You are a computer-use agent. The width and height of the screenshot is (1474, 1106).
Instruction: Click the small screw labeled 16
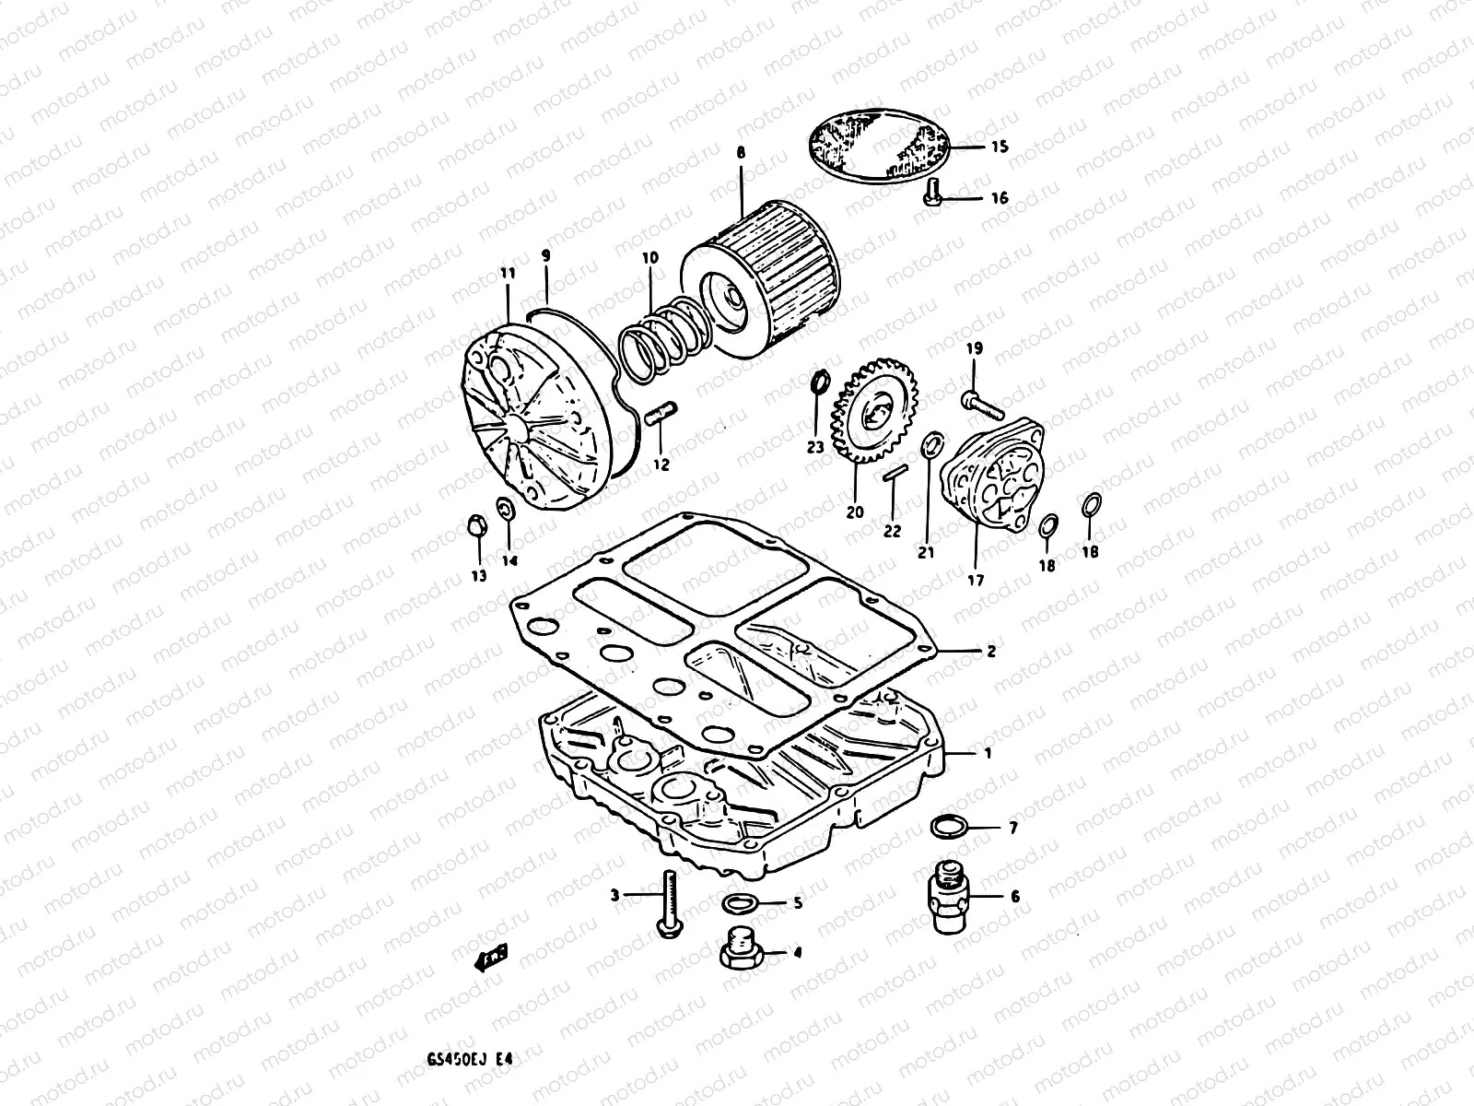pyautogui.click(x=932, y=194)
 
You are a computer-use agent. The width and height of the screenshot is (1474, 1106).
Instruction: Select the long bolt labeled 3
pyautogui.click(x=668, y=909)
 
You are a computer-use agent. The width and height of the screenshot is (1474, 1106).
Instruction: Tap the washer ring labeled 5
pyautogui.click(x=739, y=902)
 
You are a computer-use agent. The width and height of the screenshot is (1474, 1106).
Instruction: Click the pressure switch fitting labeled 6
pyautogui.click(x=947, y=895)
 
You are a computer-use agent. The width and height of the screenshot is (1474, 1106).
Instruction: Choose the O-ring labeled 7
pyautogui.click(x=949, y=828)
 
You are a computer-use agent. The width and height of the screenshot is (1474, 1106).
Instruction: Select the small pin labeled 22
pyautogui.click(x=892, y=476)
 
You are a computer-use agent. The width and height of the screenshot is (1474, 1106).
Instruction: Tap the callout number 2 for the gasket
pyautogui.click(x=990, y=651)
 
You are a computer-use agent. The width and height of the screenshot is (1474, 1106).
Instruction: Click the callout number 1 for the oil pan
pyautogui.click(x=987, y=753)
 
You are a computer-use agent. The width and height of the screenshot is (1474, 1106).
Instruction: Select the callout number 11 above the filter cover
pyautogui.click(x=508, y=273)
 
